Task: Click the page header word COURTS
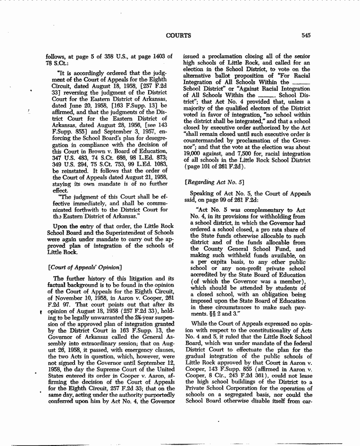(178, 35)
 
